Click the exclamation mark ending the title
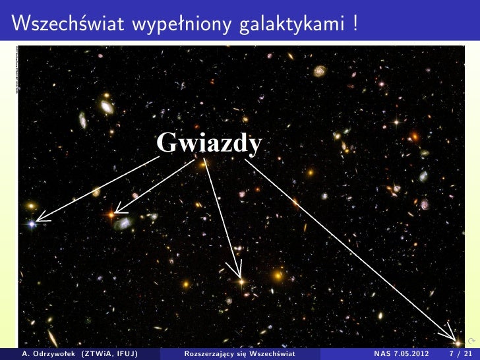point(355,24)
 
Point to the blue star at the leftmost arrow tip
point(32,224)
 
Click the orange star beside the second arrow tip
point(111,214)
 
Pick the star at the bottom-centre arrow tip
point(240,281)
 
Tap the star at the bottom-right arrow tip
point(457,342)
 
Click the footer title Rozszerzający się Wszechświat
point(240,353)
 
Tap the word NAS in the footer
point(382,353)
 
